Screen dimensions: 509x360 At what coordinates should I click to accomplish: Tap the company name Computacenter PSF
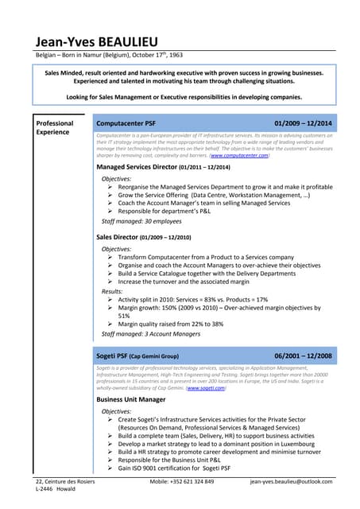coord(126,123)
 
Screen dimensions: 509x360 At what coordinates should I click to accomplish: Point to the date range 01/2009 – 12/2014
coord(303,123)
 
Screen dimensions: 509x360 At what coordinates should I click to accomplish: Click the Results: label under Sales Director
coord(112,292)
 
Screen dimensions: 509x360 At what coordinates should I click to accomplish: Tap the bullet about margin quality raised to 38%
coord(170,324)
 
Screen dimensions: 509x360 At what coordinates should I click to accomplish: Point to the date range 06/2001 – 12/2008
coord(303,356)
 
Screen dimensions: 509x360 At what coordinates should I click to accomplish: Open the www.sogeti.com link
coord(205,387)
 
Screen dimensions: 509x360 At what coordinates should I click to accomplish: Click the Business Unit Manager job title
coord(130,399)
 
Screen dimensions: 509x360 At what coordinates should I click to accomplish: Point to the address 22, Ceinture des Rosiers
coord(65,483)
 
